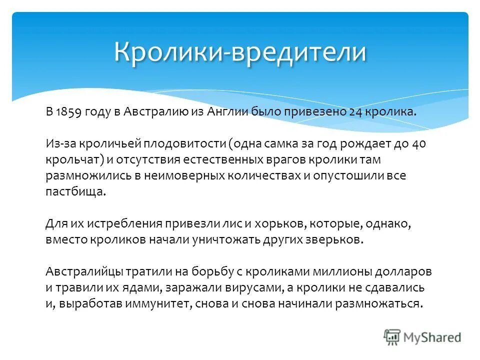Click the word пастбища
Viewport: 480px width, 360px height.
(75, 192)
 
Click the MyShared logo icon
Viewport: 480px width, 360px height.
(392, 337)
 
